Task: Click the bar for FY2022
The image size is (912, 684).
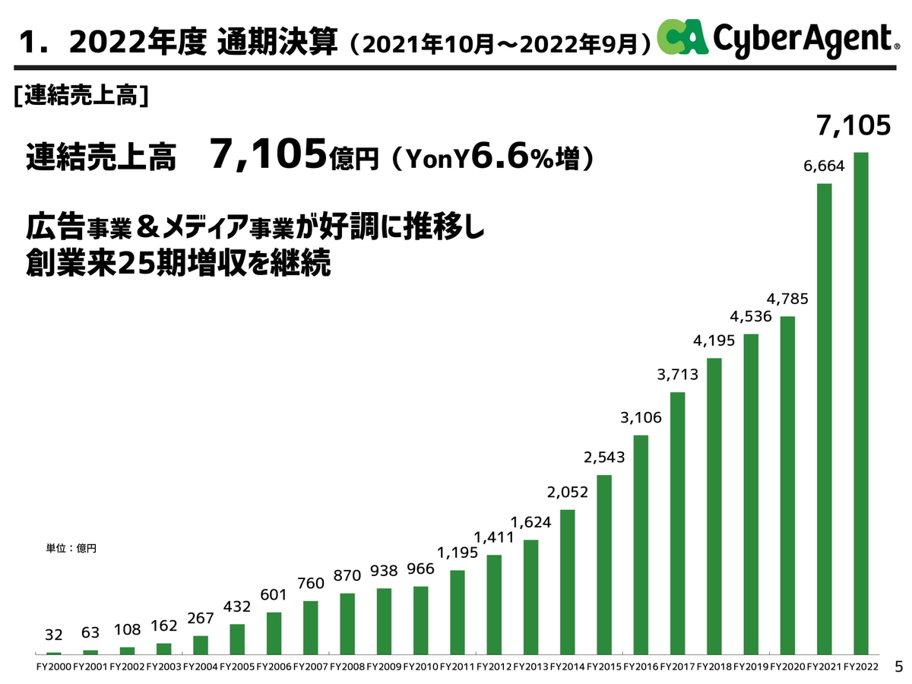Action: (861, 403)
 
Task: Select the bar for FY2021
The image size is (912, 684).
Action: (825, 418)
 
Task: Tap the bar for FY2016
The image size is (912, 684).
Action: (641, 544)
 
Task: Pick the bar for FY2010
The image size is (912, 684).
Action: (420, 620)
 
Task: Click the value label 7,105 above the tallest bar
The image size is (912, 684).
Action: (853, 126)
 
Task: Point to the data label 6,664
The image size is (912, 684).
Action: (824, 166)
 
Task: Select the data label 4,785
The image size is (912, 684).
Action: (787, 298)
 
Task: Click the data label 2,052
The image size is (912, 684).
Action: (567, 492)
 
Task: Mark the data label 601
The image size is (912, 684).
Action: (274, 594)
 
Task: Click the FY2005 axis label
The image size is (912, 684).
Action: (237, 667)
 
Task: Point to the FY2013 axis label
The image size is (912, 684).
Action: (530, 667)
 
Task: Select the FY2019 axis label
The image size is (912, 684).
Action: (751, 667)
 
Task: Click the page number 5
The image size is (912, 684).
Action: (898, 667)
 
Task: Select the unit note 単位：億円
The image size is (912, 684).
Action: (72, 547)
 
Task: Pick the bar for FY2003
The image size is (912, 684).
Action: (163, 648)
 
